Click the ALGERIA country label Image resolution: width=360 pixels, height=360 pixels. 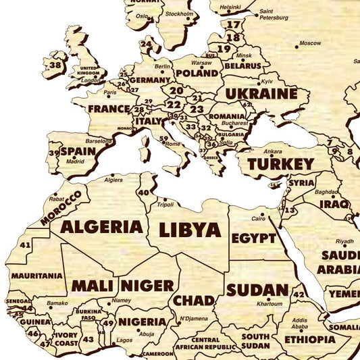tap(102, 226)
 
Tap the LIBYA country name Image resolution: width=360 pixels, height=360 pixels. tap(190, 230)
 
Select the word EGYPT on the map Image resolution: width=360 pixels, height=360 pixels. tap(253, 238)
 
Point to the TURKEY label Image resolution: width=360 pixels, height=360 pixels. tap(281, 164)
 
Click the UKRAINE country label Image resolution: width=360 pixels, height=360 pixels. tap(261, 94)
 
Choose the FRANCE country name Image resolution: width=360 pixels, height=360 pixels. tap(109, 108)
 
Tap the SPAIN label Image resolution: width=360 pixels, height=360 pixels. tap(78, 151)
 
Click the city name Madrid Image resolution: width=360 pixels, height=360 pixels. tap(75, 161)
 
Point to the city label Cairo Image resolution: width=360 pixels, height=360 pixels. tap(258, 219)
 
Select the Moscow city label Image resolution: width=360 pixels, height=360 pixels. tap(310, 43)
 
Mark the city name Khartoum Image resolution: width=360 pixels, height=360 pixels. tap(269, 304)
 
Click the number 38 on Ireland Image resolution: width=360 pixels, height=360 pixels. tap(55, 66)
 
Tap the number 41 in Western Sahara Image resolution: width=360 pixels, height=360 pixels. tap(25, 244)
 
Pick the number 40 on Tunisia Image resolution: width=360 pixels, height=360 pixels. tap(143, 192)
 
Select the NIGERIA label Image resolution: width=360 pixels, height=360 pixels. tap(142, 322)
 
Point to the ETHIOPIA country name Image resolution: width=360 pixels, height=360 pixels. tap(309, 338)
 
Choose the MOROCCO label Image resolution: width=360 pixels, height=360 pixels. tap(61, 207)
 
